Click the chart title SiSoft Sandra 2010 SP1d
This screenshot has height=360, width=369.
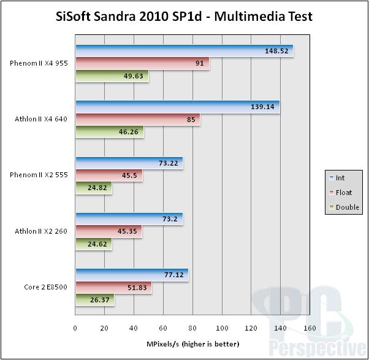(184, 16)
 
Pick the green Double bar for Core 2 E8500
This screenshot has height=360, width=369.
(94, 301)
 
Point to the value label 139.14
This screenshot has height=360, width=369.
(262, 107)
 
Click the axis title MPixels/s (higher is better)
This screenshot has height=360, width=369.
(193, 343)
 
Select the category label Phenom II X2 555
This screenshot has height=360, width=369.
(39, 175)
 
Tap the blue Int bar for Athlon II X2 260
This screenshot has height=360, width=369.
(129, 218)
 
